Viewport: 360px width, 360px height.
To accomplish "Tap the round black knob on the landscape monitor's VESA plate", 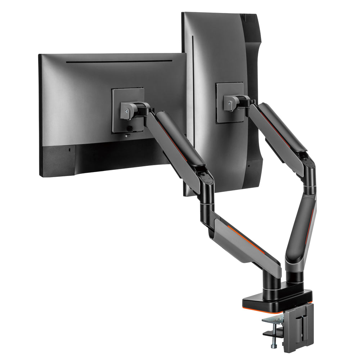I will coord(130,128).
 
